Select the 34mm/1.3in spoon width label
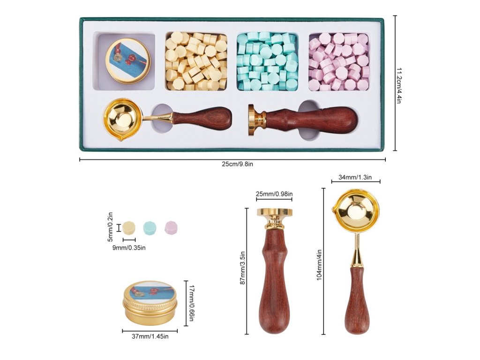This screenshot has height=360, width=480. pyautogui.click(x=355, y=177)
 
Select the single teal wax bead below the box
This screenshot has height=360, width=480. pyautogui.click(x=150, y=227)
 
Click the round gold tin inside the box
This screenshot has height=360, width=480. pyautogui.click(x=127, y=60)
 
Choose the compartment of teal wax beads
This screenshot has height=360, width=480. pyautogui.click(x=267, y=61)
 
